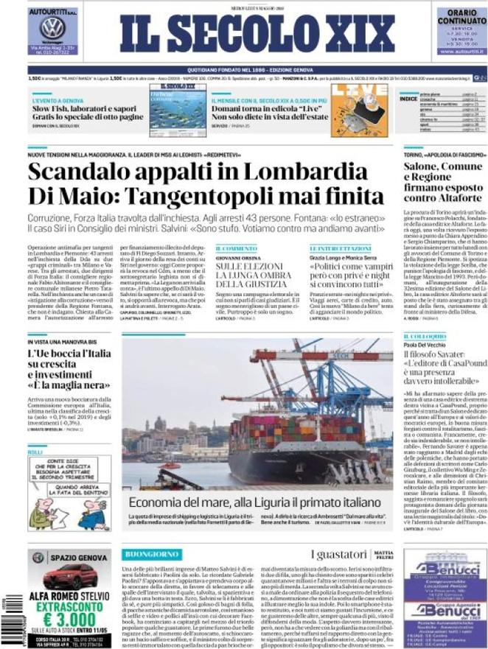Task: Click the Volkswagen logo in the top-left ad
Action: coord(52,28)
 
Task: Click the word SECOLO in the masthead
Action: coord(240,34)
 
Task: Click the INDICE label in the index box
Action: coord(409,98)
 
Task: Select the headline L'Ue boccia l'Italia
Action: coord(63,356)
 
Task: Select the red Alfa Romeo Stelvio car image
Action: coord(69,577)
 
